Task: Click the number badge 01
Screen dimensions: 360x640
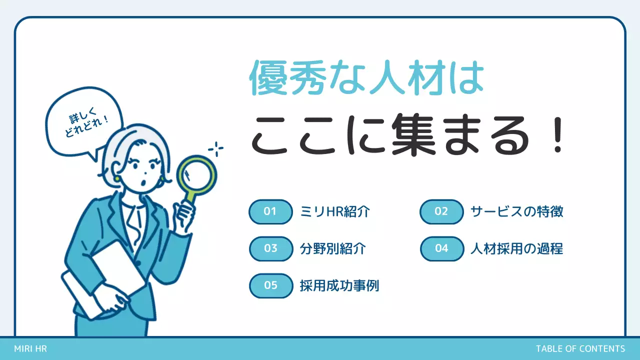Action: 270,211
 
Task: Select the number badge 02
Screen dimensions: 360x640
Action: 441,211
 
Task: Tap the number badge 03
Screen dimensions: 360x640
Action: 270,248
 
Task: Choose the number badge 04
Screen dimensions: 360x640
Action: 441,248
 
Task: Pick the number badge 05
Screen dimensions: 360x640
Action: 270,285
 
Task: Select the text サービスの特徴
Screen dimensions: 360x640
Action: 517,211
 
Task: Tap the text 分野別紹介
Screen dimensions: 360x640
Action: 333,248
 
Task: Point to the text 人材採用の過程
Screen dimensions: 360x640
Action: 517,248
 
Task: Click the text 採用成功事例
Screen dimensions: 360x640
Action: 339,285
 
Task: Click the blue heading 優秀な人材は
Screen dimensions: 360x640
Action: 366,79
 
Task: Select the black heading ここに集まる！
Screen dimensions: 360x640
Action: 407,136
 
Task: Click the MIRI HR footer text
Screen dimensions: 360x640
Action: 30,349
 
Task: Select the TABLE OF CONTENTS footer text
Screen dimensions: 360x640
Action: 580,349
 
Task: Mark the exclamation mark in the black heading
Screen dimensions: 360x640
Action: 559,136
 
